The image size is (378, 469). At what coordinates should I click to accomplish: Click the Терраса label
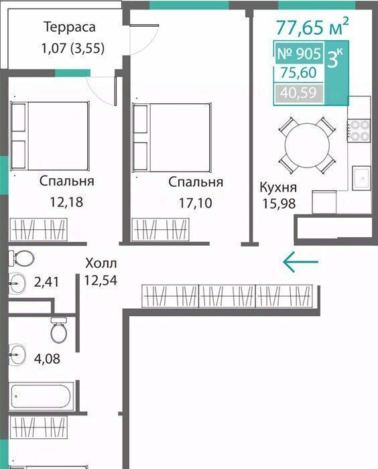tap(70, 27)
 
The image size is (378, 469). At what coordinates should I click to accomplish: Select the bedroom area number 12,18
tap(66, 202)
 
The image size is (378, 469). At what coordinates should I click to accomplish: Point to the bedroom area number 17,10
tap(196, 203)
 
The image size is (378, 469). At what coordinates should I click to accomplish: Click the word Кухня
tap(278, 188)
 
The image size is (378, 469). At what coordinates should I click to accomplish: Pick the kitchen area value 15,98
tap(279, 204)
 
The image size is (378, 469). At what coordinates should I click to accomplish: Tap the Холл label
tap(101, 263)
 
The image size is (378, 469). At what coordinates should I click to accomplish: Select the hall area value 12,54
tap(101, 280)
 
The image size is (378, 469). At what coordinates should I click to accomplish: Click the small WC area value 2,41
tap(46, 282)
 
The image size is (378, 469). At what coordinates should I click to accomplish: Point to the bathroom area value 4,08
tap(47, 358)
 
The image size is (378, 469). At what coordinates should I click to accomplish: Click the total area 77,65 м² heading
tap(312, 26)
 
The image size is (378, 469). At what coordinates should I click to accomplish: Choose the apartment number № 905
tap(299, 54)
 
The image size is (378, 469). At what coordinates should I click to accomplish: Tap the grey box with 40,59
tap(299, 92)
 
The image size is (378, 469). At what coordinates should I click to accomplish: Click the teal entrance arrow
tap(300, 262)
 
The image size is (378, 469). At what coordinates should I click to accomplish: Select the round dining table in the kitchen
tap(307, 145)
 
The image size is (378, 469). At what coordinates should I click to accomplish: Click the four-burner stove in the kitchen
tap(359, 130)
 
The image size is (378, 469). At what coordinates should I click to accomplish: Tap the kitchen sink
tap(361, 178)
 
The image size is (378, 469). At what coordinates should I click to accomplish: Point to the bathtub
tap(41, 396)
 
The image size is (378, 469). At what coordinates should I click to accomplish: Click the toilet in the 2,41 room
tap(21, 258)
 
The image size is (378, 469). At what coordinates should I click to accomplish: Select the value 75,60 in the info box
tap(298, 72)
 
